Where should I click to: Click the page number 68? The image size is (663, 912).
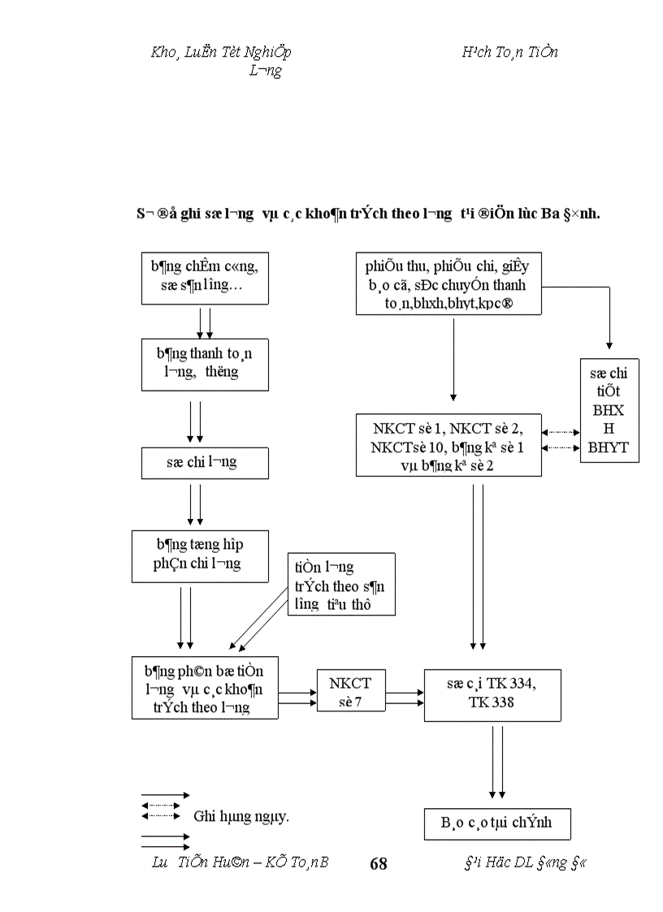[x=379, y=863]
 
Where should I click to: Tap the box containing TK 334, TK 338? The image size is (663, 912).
[x=492, y=694]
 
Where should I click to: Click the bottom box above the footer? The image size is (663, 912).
[x=496, y=823]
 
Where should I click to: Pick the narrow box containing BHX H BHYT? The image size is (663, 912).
[x=609, y=410]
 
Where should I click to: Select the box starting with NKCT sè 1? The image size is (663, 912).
[x=448, y=444]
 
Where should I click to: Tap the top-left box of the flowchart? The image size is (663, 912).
[x=200, y=278]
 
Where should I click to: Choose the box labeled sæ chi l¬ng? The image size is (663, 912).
[x=200, y=462]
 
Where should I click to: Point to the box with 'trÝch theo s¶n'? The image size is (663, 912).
[x=341, y=585]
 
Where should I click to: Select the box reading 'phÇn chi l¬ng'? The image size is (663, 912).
[x=200, y=556]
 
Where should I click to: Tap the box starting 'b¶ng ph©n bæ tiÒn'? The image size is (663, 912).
[x=205, y=687]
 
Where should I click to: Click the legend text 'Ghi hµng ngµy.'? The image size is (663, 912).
[x=241, y=816]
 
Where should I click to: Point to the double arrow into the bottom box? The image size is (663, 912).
[x=497, y=763]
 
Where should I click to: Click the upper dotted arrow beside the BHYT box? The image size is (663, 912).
[x=561, y=432]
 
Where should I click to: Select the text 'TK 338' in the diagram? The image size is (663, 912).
[x=492, y=702]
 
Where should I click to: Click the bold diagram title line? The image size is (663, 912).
[x=367, y=214]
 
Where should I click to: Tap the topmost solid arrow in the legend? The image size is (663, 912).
[x=165, y=795]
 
